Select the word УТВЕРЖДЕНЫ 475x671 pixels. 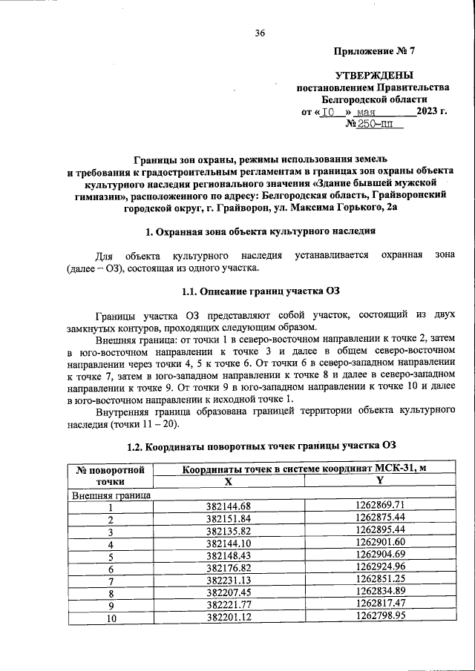point(374,76)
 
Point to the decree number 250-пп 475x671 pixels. point(375,125)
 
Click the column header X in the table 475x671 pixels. point(229,480)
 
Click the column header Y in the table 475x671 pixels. point(379,480)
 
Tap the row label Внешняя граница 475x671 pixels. point(111,494)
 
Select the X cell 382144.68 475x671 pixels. point(229,506)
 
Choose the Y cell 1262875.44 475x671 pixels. point(380,518)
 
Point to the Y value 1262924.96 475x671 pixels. point(380,567)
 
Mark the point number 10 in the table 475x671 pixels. point(111,616)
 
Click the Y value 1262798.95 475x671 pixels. point(380,616)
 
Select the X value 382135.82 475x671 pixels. point(229,531)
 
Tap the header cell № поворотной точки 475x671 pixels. point(111,475)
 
